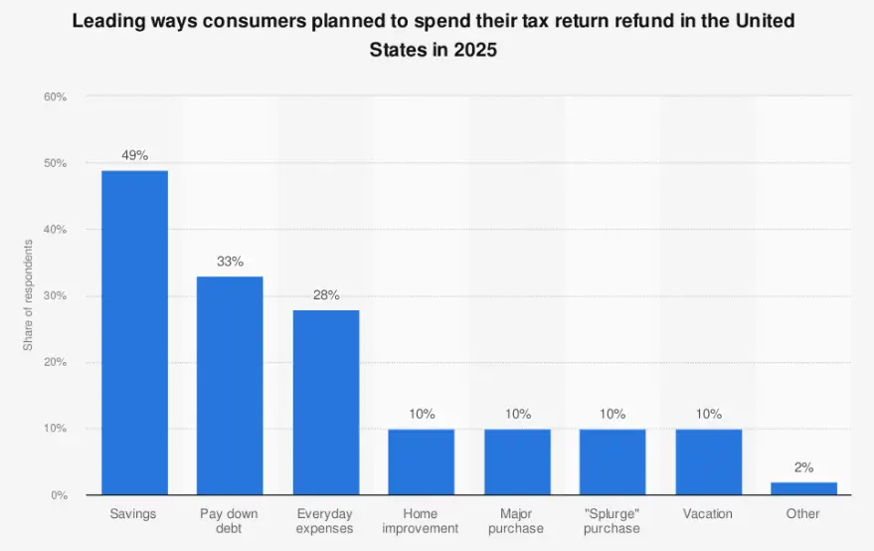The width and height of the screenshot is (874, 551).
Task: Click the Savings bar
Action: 134,332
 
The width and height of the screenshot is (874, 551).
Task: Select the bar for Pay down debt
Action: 230,385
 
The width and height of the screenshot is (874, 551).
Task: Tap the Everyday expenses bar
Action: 326,402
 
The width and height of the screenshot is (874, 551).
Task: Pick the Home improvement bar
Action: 422,461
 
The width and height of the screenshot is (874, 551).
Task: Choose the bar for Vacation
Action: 708,461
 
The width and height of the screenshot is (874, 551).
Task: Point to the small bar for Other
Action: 803,488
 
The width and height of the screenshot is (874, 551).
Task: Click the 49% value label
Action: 134,155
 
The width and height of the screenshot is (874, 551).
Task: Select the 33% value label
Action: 230,262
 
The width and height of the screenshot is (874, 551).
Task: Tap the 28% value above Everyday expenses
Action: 326,294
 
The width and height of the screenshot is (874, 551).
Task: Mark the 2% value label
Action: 803,467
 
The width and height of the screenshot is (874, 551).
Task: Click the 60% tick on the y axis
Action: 55,96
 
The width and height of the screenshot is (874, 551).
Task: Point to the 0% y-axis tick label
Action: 58,495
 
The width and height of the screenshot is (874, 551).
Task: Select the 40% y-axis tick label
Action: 55,230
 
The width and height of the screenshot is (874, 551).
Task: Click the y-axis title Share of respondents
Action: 28,295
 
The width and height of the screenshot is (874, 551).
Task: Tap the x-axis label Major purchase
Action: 517,520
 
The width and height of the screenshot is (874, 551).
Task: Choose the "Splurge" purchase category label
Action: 612,520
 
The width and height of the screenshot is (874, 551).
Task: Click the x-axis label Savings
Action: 134,514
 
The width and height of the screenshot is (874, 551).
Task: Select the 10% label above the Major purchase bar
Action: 517,414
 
